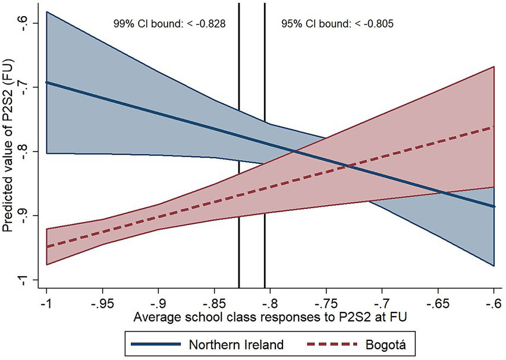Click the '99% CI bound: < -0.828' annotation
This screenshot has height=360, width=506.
pos(168,24)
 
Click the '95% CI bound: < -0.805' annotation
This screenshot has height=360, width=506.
pos(337,24)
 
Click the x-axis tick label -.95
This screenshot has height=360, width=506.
pos(102,302)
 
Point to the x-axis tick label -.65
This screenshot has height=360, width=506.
pos(438,302)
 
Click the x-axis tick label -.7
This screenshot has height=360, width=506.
pos(382,302)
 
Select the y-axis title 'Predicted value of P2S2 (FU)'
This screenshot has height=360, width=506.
pos(10,151)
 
